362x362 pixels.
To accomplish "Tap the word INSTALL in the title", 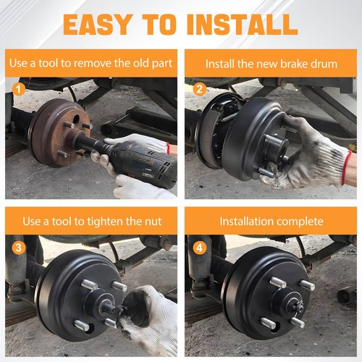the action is click(243, 25).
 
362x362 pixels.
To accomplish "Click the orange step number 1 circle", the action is click(19, 89).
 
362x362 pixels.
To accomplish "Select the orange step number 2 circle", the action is click(200, 89).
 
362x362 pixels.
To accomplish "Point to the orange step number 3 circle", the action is click(18, 248).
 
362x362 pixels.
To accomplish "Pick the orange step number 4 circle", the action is click(200, 248).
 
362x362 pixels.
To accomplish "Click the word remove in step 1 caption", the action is click(93, 64).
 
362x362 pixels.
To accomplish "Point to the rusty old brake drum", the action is click(59, 132).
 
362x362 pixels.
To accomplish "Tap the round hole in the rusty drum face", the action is click(76, 119).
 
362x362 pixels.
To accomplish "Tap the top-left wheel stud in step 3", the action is click(89, 285).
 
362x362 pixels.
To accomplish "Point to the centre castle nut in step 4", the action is click(297, 306).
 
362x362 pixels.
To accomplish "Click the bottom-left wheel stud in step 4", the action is click(268, 324).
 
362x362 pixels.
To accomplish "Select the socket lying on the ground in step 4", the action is click(347, 296).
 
